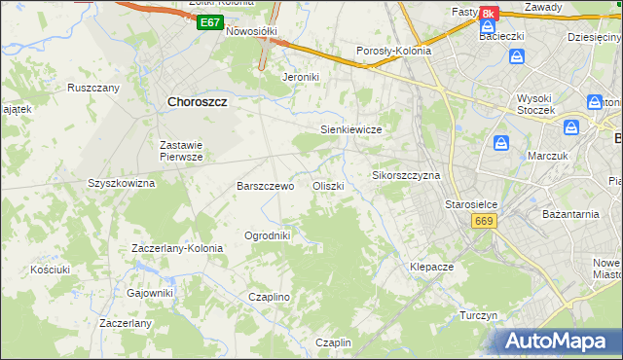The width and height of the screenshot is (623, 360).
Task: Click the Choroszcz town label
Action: pos(204,99)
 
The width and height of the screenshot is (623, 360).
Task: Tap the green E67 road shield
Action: pos(208,21)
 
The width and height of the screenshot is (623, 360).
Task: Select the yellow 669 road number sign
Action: pos(484,222)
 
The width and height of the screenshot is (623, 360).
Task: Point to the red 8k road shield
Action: pos(488,13)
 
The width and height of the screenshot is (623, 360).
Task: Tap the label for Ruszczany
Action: pos(93,88)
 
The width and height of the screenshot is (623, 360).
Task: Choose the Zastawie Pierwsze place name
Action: pos(181,150)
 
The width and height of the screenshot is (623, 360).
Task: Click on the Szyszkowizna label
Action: pos(122,183)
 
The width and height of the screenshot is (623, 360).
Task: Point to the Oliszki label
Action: pos(327,186)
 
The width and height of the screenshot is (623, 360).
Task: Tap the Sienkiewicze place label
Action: pos(349,129)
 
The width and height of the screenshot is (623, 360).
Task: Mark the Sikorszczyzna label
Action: pos(407,176)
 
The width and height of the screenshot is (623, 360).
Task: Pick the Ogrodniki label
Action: pos(267,235)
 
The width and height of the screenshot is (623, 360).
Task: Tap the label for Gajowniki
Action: pos(150,292)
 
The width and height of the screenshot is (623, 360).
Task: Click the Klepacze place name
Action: pos(432,266)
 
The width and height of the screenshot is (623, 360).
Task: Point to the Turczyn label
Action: pos(478,316)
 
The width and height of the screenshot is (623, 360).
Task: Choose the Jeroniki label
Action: pos(300,76)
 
